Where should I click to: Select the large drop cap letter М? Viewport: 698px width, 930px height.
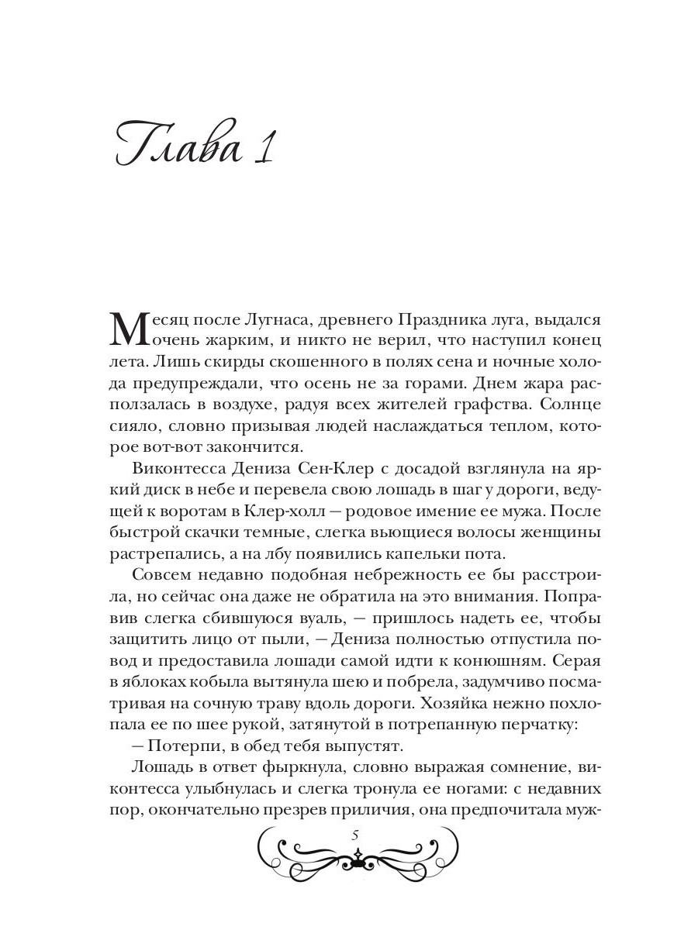point(130,329)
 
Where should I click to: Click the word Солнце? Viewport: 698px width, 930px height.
point(561,405)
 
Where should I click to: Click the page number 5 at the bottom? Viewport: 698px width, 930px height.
point(354,834)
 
